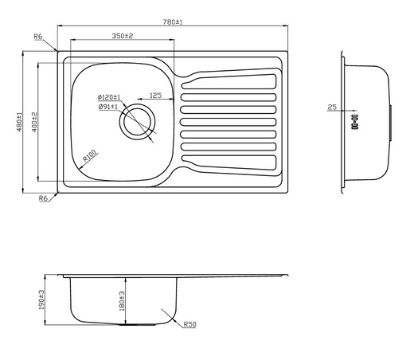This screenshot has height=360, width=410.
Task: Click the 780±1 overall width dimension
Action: click(171, 22)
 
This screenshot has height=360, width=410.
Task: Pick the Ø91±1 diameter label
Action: click(107, 106)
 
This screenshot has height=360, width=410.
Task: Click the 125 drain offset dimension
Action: click(155, 96)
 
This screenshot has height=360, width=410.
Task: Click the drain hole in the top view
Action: click(135, 123)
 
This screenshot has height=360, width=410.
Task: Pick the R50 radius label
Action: click(189, 325)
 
